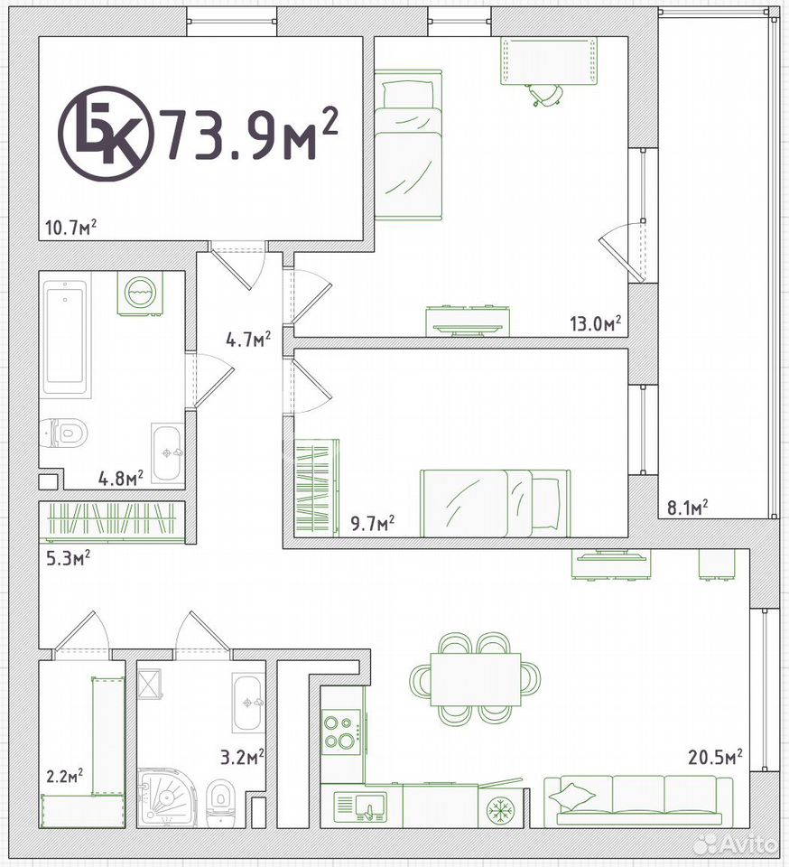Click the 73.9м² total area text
pos(248,134)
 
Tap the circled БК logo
pos(107,134)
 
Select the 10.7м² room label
pos(71,228)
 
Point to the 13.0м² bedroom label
pos(596,323)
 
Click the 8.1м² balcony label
pos(688,508)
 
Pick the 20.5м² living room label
pos(715,757)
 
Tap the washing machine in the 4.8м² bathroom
pos(140,293)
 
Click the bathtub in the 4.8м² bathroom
pos(66,339)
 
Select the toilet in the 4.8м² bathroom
pos(65,432)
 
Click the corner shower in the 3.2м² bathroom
pos(165,797)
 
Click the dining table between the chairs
pos(475,679)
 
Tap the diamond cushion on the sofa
pos(572,797)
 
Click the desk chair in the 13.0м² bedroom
pos(544,95)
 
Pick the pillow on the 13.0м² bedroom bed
pos(408,95)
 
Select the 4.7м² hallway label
pos(248,339)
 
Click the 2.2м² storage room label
pos(65,776)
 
